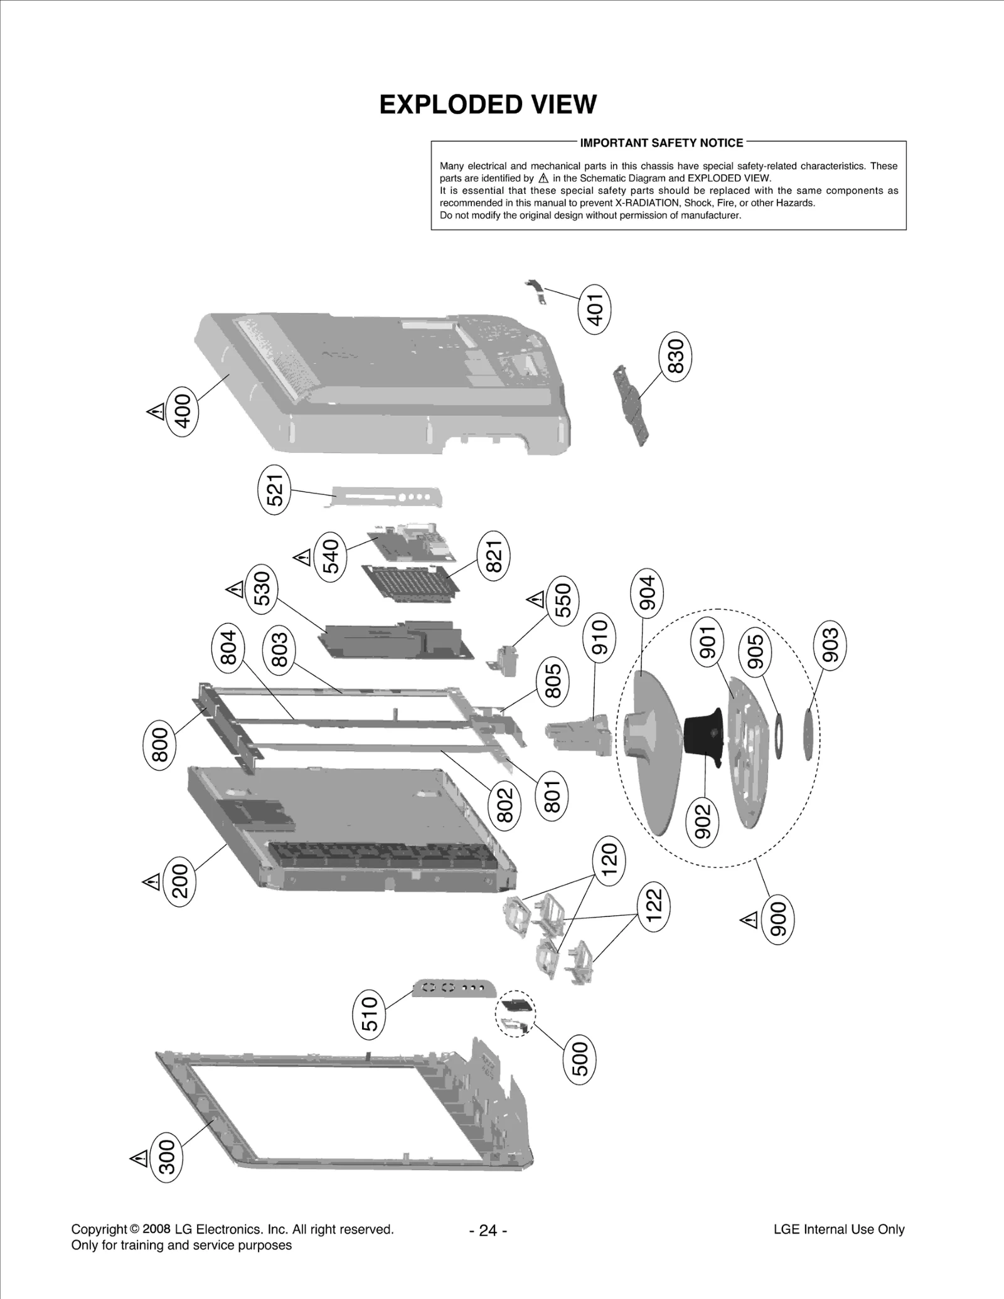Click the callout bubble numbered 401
(594, 309)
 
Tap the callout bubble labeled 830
(675, 356)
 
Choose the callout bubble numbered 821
(494, 556)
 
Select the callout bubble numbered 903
(830, 645)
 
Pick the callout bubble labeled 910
(600, 637)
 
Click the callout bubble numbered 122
(653, 906)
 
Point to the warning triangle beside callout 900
(749, 920)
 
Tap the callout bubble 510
(370, 1014)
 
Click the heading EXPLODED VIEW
(488, 105)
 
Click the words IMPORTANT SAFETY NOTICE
(661, 143)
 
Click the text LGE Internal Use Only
(838, 1229)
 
